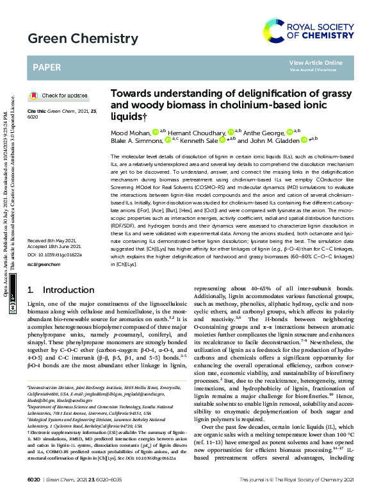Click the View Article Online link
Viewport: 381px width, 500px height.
(x=316, y=62)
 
